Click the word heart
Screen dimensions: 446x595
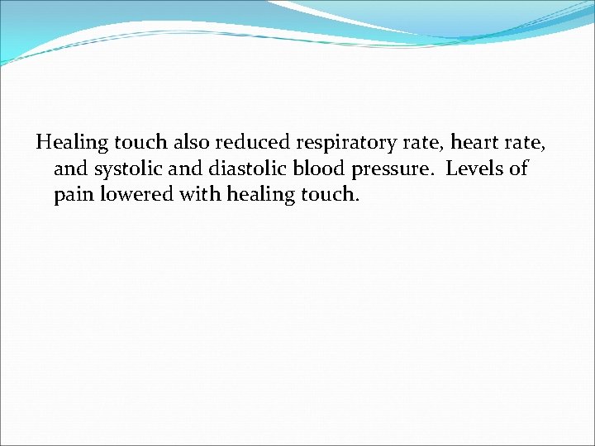pyautogui.click(x=476, y=142)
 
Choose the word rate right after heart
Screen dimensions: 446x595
pyautogui.click(x=527, y=143)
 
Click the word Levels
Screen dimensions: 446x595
pyautogui.click(x=475, y=169)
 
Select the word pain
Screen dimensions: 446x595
pyautogui.click(x=72, y=197)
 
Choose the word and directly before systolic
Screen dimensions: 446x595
pyautogui.click(x=69, y=169)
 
